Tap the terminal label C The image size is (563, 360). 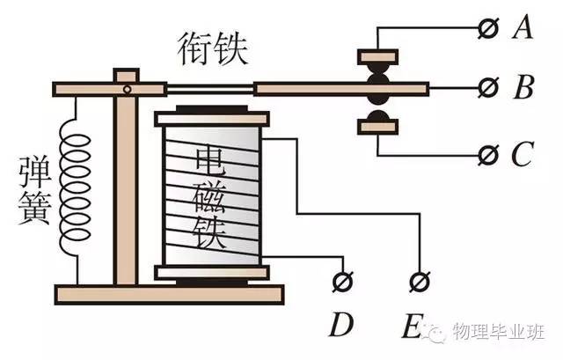click(522, 155)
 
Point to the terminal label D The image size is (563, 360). click(341, 327)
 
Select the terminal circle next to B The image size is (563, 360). click(485, 88)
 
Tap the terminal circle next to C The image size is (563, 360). click(485, 155)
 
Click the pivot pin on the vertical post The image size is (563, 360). click(128, 89)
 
